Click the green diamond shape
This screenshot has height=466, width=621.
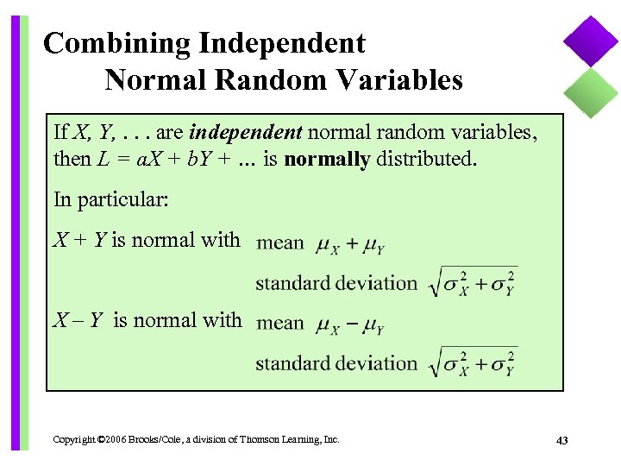592,91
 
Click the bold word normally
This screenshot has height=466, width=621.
327,159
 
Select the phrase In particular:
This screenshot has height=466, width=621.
111,199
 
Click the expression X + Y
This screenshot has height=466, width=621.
79,240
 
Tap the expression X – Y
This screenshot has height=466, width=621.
79,320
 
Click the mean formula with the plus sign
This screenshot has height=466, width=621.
350,245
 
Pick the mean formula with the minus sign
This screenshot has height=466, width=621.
350,325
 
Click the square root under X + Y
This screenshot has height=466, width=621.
473,281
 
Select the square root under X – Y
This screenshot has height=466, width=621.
473,362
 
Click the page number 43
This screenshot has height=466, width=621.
562,441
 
